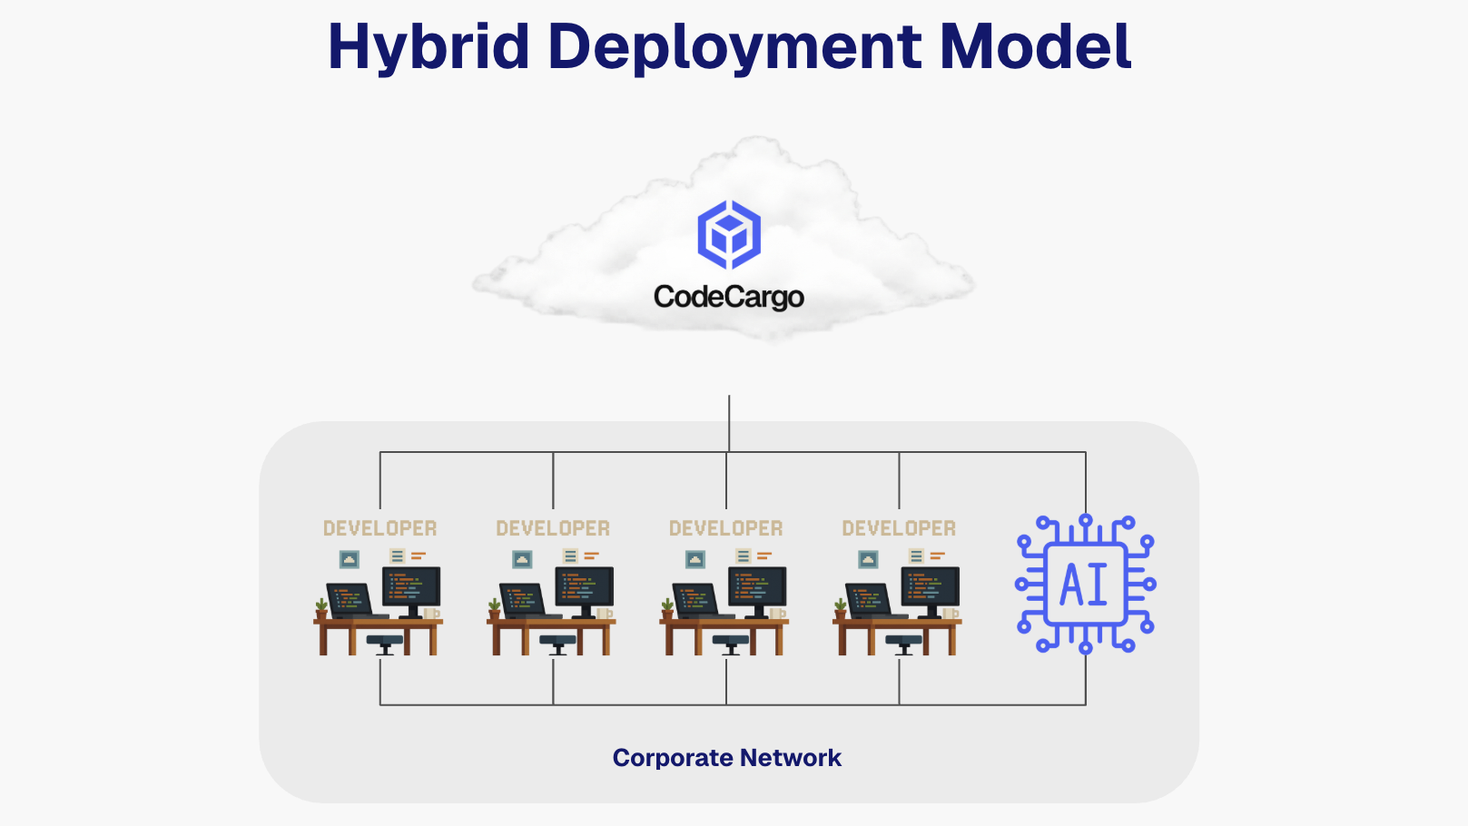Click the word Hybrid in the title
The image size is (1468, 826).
tap(428, 46)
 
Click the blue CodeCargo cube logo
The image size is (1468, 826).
tap(728, 235)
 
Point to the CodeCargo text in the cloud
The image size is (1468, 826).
tap(728, 297)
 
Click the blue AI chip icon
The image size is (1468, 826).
tap(1085, 584)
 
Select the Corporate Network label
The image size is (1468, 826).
tap(726, 758)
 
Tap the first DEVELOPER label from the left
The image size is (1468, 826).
tap(379, 528)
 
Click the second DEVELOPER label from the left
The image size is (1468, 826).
tap(552, 528)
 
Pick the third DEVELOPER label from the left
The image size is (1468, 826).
tap(725, 528)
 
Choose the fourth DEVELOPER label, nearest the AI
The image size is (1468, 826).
tap(899, 528)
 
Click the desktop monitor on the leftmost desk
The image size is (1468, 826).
tap(411, 588)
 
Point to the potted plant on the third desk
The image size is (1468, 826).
tap(667, 607)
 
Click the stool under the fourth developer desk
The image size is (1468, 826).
tap(903, 644)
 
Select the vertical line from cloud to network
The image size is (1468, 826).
tap(729, 422)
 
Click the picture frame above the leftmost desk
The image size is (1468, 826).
tap(349, 559)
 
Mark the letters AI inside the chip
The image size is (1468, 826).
tap(1084, 585)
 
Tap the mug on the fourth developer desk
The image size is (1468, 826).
tap(950, 614)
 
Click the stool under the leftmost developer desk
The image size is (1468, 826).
tap(385, 644)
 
